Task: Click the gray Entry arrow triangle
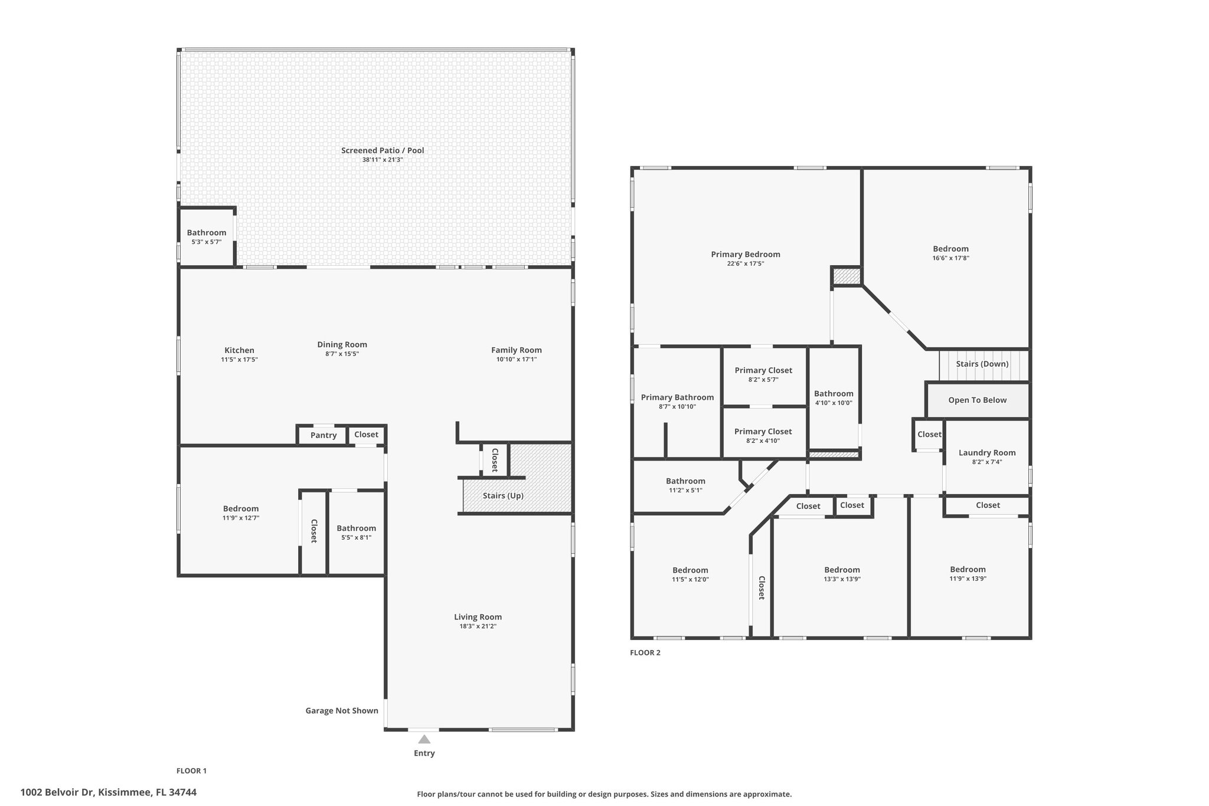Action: click(x=424, y=739)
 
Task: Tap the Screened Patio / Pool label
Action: click(x=383, y=151)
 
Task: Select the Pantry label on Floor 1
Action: click(x=324, y=435)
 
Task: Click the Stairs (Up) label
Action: click(x=503, y=495)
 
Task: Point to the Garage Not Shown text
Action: click(x=342, y=710)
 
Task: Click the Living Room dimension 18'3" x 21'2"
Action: click(x=478, y=626)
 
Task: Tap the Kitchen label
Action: click(x=240, y=350)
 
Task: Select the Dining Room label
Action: click(x=342, y=344)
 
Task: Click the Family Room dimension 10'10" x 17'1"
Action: click(x=517, y=359)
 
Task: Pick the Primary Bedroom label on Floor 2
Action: click(x=746, y=254)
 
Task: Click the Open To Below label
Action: click(x=978, y=400)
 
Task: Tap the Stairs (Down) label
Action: click(x=982, y=364)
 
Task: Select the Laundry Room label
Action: click(x=987, y=453)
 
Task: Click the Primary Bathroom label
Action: click(x=678, y=397)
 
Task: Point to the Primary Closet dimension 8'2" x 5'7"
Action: click(x=763, y=380)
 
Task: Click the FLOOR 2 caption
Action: click(x=645, y=652)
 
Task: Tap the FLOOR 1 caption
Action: click(x=192, y=771)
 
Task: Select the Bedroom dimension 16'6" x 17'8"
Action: click(x=951, y=258)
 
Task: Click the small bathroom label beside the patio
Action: click(x=207, y=233)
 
